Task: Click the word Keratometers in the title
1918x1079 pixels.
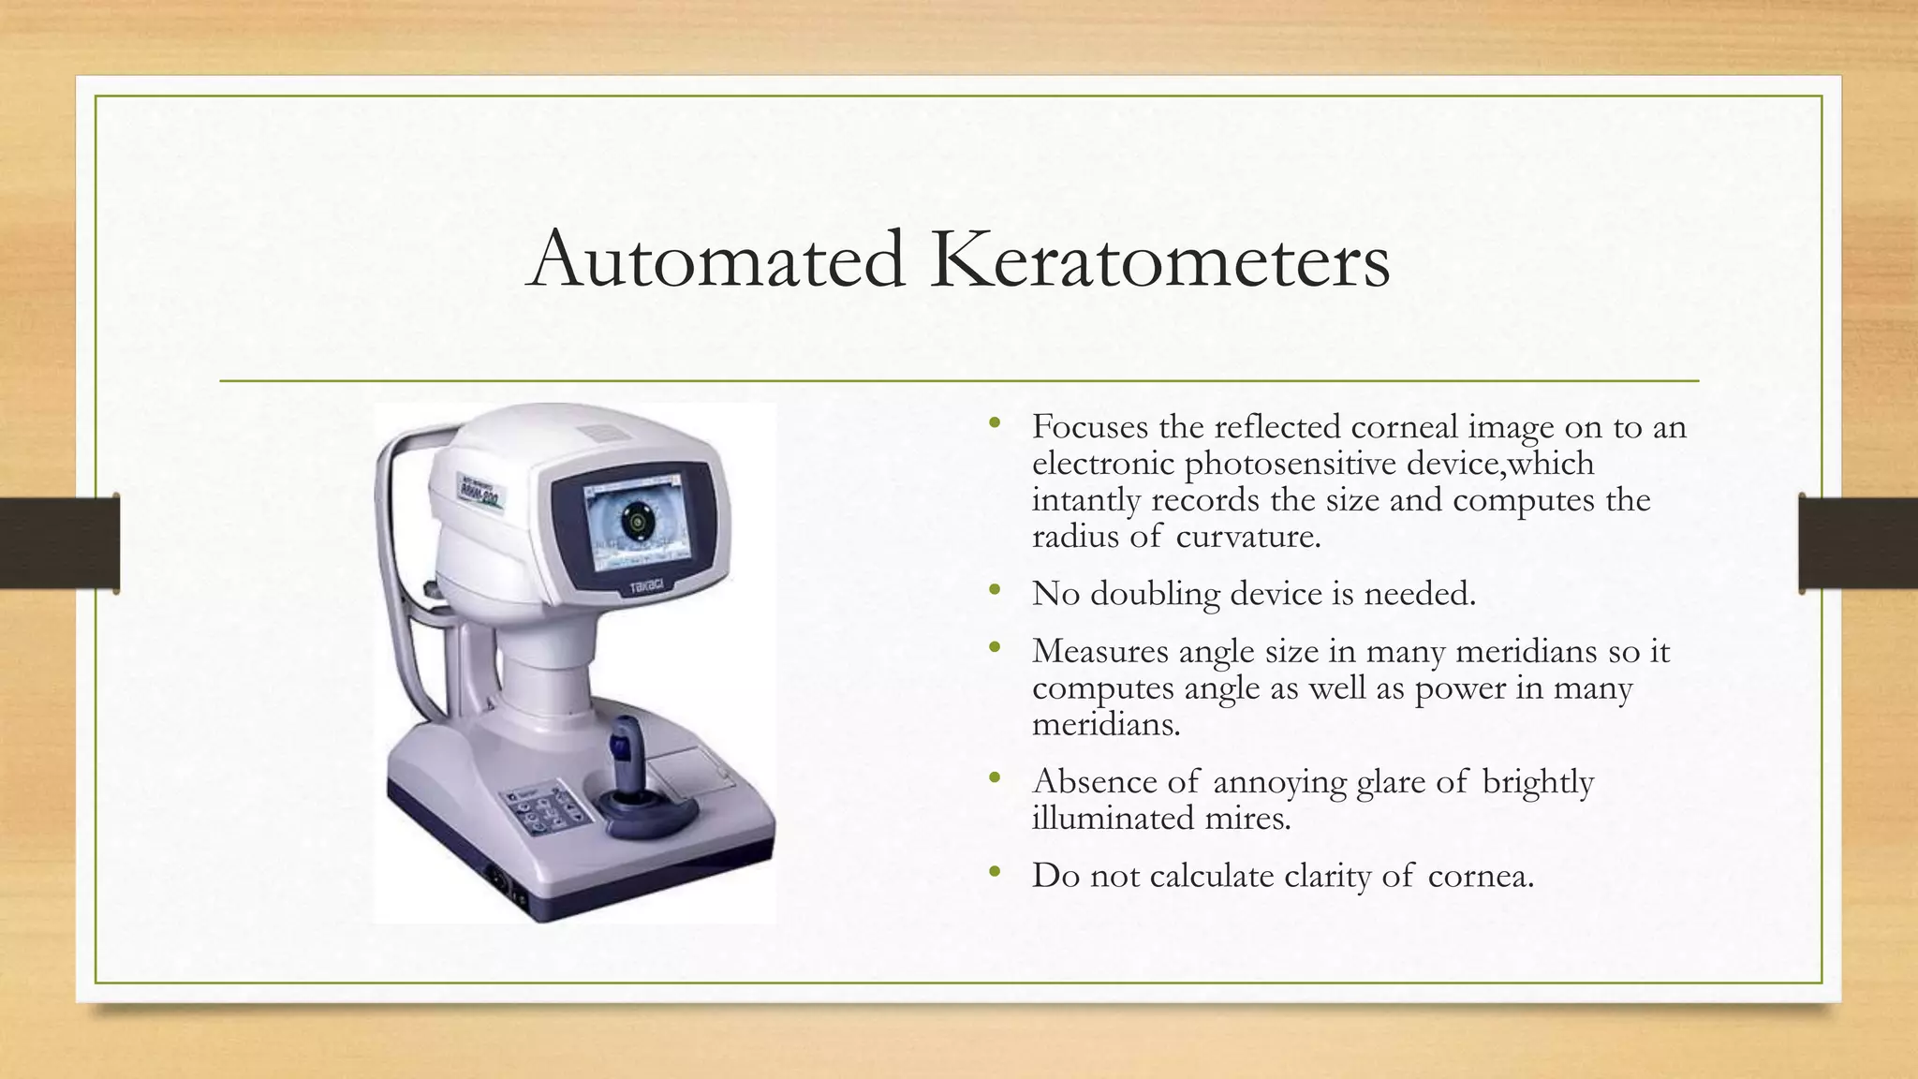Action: click(1159, 259)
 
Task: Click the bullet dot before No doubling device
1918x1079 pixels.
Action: click(995, 591)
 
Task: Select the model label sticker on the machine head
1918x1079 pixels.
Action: click(480, 490)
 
